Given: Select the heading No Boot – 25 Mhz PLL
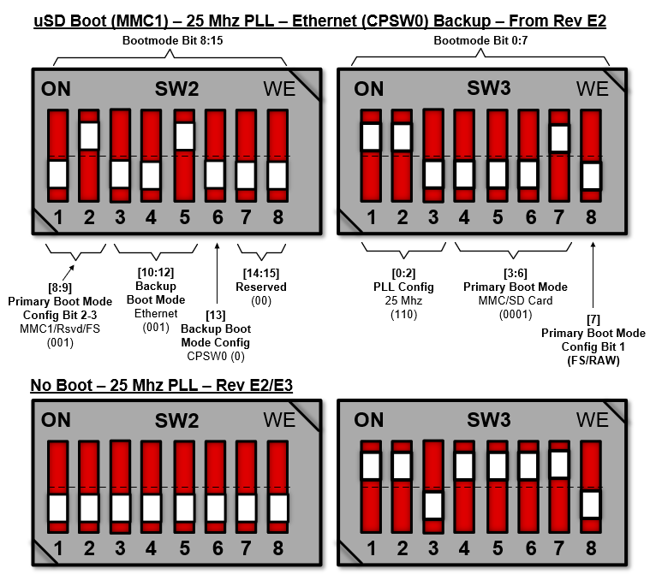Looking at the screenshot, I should [162, 385].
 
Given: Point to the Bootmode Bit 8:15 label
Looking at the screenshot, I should [170, 40].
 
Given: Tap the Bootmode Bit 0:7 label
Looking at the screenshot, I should [480, 40].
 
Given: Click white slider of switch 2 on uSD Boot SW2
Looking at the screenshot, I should [89, 135].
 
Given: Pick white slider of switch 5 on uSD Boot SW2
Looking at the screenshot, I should [184, 135].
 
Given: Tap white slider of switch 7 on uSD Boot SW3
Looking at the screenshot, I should [558, 138].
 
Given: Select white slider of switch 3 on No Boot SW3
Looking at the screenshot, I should [434, 505].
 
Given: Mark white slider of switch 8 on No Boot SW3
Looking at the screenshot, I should [590, 503].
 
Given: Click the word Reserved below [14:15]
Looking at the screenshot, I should [262, 287].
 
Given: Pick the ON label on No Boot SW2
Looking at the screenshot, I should [57, 420].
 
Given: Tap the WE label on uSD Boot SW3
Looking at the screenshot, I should [592, 88].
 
